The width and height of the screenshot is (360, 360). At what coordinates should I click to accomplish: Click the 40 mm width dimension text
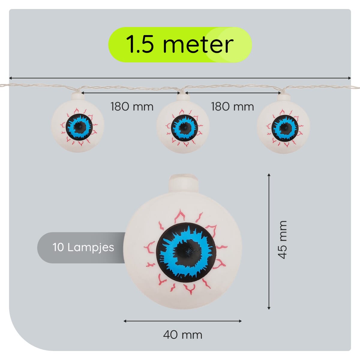(x=182, y=334)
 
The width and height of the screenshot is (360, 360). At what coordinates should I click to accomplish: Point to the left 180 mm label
(x=132, y=106)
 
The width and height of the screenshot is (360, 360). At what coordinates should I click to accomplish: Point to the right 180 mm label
(x=232, y=106)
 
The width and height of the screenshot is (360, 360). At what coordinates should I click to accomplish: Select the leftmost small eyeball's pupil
(x=79, y=127)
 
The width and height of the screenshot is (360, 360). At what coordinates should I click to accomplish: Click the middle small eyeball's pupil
(x=184, y=128)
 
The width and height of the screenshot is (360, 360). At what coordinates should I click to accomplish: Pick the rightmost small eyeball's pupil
(x=285, y=128)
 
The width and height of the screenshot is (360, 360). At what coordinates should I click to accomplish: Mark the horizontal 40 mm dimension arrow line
(x=182, y=321)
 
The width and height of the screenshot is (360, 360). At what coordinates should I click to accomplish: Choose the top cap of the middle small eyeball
(x=183, y=97)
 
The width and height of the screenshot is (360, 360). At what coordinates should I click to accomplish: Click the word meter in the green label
(x=198, y=45)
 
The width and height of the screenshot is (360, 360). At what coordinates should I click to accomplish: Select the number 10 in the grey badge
(x=58, y=247)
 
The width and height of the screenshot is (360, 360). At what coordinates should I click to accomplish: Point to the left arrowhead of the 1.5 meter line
(x=10, y=78)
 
